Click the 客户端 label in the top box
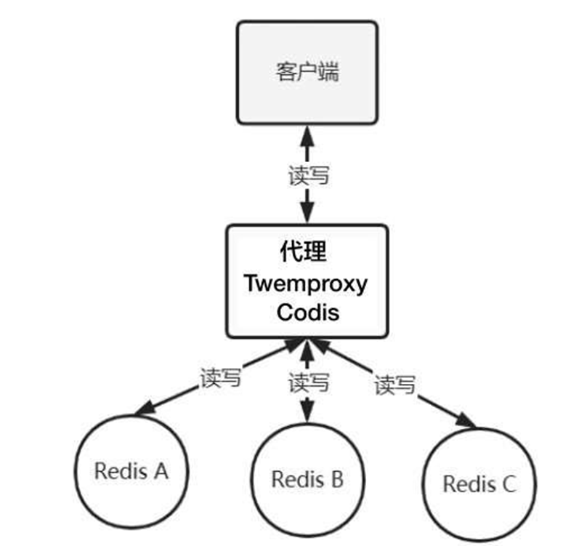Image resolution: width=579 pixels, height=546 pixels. click(x=307, y=73)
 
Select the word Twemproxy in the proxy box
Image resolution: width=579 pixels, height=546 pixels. click(x=306, y=284)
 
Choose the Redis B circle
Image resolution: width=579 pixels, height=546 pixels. click(x=307, y=479)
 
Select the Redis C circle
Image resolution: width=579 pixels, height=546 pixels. click(x=480, y=483)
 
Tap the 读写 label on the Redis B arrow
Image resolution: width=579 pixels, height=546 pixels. click(x=309, y=381)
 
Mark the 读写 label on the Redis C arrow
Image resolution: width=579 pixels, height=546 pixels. click(x=394, y=384)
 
